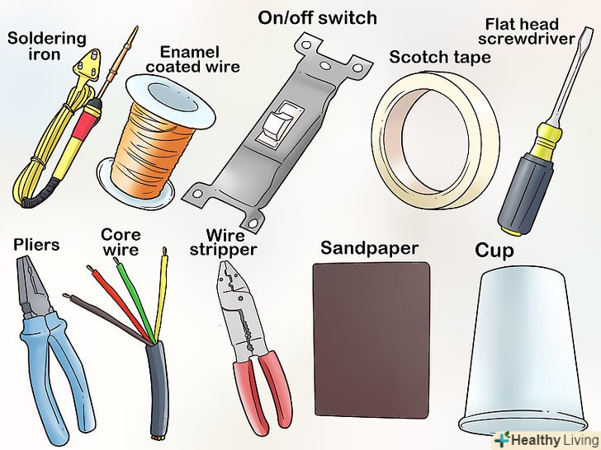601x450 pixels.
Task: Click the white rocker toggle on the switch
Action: pos(280,124)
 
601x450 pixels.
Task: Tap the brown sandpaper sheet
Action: pos(371,340)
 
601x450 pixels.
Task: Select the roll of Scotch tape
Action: pos(435,139)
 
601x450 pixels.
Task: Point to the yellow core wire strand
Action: pos(161,295)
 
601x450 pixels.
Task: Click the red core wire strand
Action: pos(120,304)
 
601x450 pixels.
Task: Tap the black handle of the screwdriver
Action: pos(525,194)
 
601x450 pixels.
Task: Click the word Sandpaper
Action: pos(369,248)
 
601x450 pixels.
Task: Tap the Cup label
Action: pos(494,251)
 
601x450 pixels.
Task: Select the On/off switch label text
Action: pos(317,18)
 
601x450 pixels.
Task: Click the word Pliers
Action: pos(36,245)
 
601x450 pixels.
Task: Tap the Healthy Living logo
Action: pos(546,439)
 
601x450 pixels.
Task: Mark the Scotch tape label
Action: pos(440,58)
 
